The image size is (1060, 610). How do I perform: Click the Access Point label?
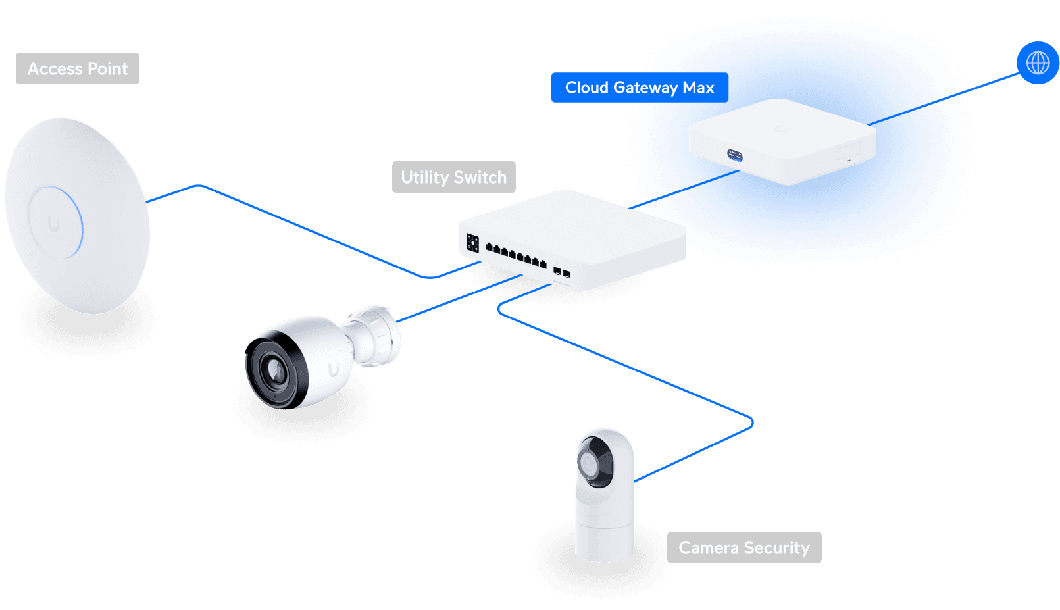tap(78, 68)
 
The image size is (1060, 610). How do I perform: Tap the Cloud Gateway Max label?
tap(639, 88)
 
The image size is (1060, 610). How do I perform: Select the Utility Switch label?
tap(453, 177)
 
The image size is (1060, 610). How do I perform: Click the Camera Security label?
tap(744, 547)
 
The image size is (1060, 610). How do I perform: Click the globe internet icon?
tap(1038, 63)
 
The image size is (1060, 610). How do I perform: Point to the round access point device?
tap(77, 215)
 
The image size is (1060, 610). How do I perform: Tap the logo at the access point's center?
tap(54, 224)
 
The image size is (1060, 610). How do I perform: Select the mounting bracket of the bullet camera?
tap(376, 336)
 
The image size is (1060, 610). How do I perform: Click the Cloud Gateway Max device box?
tap(782, 141)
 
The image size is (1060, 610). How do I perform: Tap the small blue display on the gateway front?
tap(734, 155)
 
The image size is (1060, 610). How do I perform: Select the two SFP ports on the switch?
tap(561, 272)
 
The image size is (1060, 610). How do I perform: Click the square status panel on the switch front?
tap(472, 243)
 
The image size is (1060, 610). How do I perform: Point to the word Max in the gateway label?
tap(698, 88)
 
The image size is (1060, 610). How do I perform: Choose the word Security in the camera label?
tap(776, 547)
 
